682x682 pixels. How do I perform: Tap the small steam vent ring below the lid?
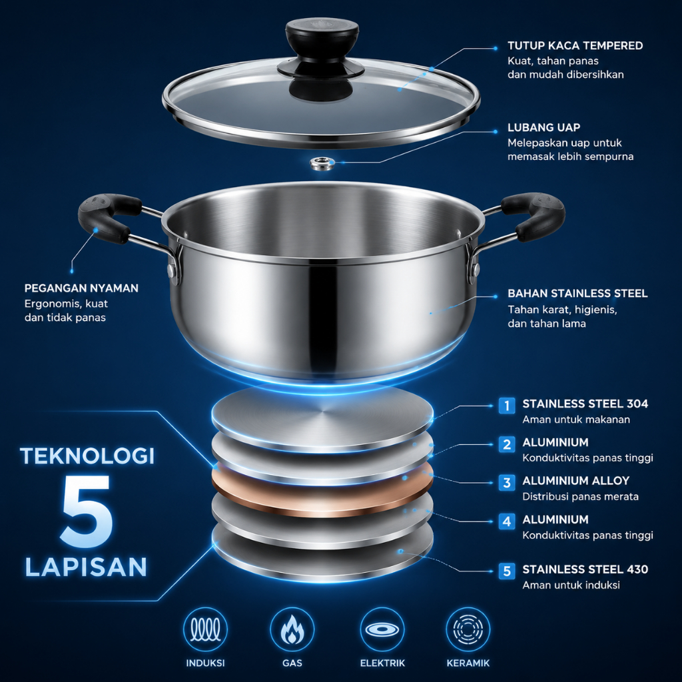(322, 164)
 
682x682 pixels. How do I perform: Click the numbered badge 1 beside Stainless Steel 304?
(507, 406)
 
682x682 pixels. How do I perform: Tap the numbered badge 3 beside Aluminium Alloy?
(507, 482)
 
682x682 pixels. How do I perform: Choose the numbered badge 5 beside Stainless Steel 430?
(507, 571)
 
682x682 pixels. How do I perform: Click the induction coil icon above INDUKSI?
(205, 629)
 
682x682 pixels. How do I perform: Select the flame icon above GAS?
(292, 629)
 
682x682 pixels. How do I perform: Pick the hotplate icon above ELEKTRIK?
(382, 629)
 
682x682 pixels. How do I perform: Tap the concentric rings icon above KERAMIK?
(468, 629)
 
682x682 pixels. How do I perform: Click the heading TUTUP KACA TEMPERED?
(575, 46)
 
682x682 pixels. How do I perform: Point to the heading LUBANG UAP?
(543, 127)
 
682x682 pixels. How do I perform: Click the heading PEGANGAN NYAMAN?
(81, 288)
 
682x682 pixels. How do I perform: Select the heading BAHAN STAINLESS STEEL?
(577, 294)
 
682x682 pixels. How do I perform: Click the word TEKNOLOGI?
(87, 456)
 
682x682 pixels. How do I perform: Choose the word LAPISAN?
(86, 567)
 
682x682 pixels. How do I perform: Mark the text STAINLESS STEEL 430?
(585, 569)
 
